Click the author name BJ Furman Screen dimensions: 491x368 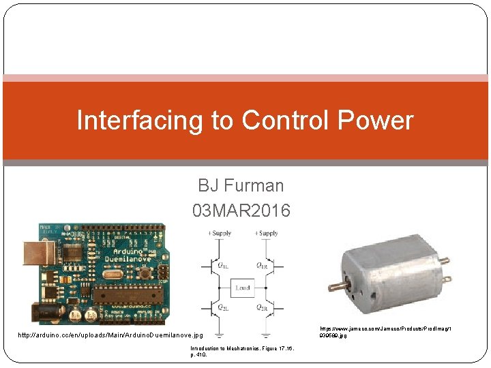[x=241, y=185]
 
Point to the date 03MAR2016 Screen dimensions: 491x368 [x=241, y=211]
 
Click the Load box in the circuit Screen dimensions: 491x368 [x=243, y=288]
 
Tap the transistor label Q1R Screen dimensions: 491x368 [x=261, y=264]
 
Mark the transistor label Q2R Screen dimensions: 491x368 [x=261, y=308]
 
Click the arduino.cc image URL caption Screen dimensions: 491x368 [x=110, y=335]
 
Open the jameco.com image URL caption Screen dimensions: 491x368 [x=385, y=332]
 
